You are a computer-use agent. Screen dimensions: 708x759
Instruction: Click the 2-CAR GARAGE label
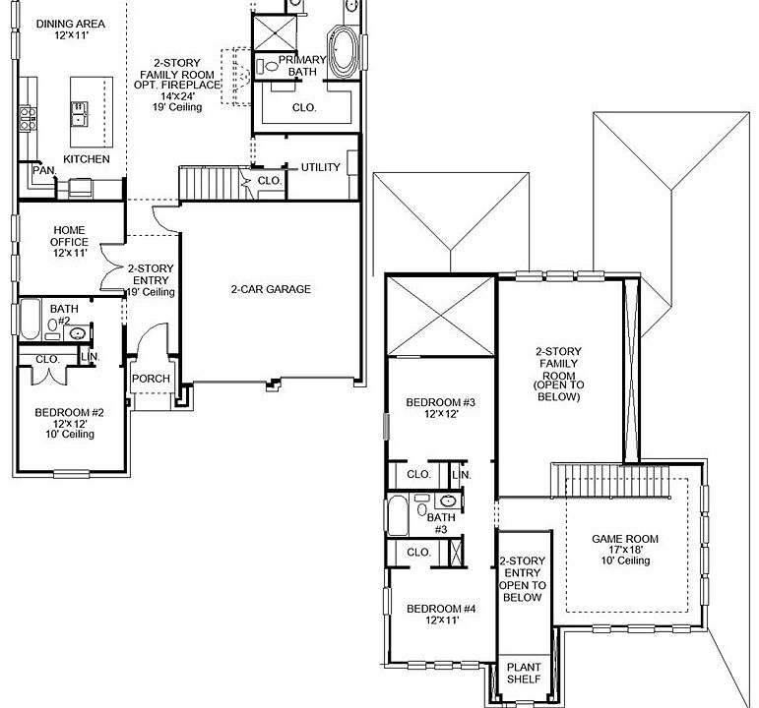click(271, 289)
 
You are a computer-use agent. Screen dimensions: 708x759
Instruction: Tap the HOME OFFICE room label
click(69, 242)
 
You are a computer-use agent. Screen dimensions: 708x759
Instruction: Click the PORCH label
click(151, 380)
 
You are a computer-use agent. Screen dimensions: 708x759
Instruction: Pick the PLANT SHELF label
click(523, 673)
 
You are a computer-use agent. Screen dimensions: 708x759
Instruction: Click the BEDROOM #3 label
click(441, 408)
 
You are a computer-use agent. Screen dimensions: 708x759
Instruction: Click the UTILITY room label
click(321, 167)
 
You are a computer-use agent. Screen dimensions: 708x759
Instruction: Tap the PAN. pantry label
click(42, 170)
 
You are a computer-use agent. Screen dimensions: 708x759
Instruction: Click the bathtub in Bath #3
click(397, 514)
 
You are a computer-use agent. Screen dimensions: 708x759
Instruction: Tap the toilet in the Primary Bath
click(268, 67)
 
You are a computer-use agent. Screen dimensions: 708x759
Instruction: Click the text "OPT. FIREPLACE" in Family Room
click(178, 86)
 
